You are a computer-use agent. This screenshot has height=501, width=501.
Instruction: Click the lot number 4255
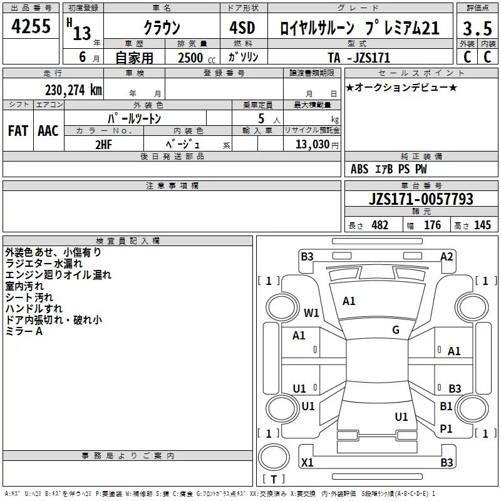tap(31, 26)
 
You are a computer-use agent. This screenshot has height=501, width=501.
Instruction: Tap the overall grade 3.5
tap(477, 28)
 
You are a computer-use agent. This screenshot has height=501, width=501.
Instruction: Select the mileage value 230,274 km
tap(73, 90)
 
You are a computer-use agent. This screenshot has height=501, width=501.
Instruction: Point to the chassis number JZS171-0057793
tap(421, 199)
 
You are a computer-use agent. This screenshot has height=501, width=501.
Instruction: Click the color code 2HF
tap(104, 145)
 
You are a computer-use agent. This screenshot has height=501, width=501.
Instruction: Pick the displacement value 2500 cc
tap(197, 58)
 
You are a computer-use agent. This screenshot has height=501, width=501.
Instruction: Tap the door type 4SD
tap(242, 28)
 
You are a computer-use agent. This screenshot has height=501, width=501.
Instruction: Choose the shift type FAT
tap(18, 131)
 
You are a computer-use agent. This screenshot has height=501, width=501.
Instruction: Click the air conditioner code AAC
tap(48, 131)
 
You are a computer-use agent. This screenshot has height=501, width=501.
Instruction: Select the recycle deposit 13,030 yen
tap(317, 145)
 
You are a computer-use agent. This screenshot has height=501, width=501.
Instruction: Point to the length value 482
tap(380, 225)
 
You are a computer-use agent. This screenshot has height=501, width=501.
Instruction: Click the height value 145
tap(482, 225)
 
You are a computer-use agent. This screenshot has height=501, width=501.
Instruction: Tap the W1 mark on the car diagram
tap(311, 312)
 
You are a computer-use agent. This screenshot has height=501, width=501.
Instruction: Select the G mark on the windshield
tap(396, 330)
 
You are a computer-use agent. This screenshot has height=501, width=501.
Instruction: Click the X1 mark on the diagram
tap(307, 462)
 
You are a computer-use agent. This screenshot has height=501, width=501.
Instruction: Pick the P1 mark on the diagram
tap(446, 428)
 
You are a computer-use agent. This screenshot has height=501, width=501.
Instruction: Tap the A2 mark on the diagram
tap(447, 257)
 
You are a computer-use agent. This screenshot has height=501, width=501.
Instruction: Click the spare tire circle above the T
tap(274, 457)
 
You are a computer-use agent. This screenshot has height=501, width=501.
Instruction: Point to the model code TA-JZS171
tap(359, 58)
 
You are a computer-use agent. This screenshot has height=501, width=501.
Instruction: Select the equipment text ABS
tap(359, 169)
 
